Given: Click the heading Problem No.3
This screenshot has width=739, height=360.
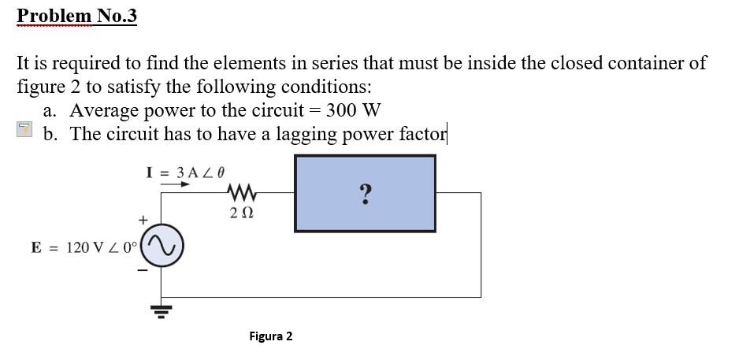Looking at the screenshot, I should tap(76, 16).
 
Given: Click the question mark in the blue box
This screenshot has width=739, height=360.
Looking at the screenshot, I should tap(365, 194).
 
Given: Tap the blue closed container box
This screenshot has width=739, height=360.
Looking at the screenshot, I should tap(331, 213).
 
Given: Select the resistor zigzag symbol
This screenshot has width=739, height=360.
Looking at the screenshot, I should tap(241, 191).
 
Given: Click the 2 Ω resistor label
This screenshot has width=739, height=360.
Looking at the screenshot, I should tap(241, 213).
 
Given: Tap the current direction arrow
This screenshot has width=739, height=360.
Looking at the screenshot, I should tap(176, 186).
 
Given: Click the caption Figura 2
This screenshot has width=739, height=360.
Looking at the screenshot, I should tap(270, 336).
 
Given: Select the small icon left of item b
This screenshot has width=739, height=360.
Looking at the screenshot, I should tap(25, 131).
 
